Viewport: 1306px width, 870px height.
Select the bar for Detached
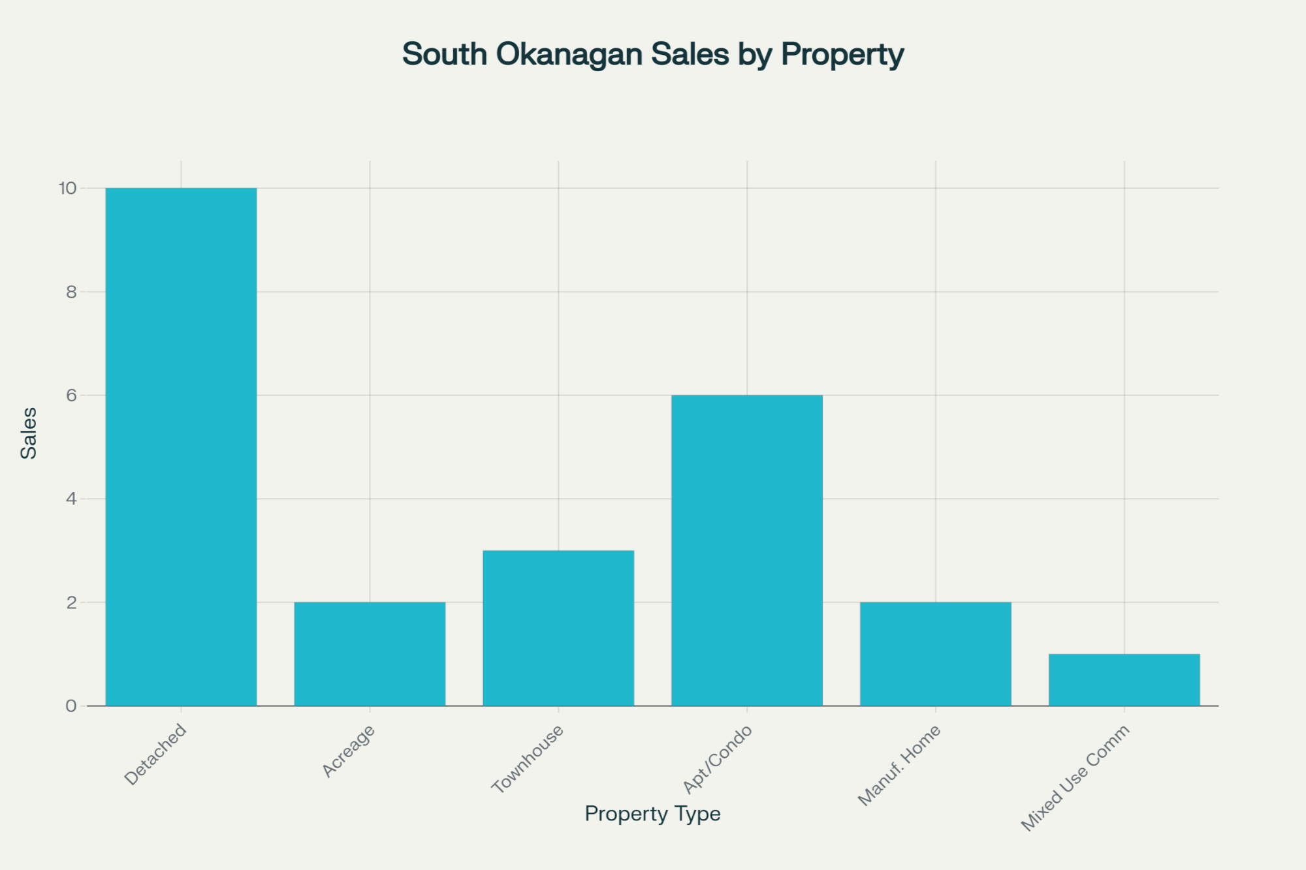tap(181, 447)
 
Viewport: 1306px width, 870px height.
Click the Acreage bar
tap(370, 654)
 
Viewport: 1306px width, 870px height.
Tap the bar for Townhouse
tap(558, 628)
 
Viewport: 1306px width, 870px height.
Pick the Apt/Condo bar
tap(747, 550)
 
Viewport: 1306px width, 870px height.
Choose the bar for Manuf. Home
tap(935, 654)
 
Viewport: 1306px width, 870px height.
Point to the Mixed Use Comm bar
tap(1124, 679)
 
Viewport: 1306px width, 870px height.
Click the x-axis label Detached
tap(155, 754)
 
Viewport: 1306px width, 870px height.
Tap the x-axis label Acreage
tap(349, 751)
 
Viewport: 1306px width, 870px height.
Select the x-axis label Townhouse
tap(528, 758)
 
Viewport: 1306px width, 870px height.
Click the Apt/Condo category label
tap(718, 758)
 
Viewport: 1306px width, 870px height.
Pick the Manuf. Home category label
tap(899, 765)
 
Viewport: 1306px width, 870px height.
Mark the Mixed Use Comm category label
tap(1075, 777)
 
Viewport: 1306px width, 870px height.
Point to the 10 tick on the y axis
tap(68, 189)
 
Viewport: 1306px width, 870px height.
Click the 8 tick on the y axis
tap(71, 292)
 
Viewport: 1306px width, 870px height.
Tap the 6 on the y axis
tap(71, 396)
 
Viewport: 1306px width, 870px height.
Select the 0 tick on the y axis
tap(71, 706)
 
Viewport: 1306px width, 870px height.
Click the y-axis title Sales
tap(29, 433)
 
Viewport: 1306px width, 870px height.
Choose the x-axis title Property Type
tap(652, 814)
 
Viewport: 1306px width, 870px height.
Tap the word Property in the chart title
tap(842, 54)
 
